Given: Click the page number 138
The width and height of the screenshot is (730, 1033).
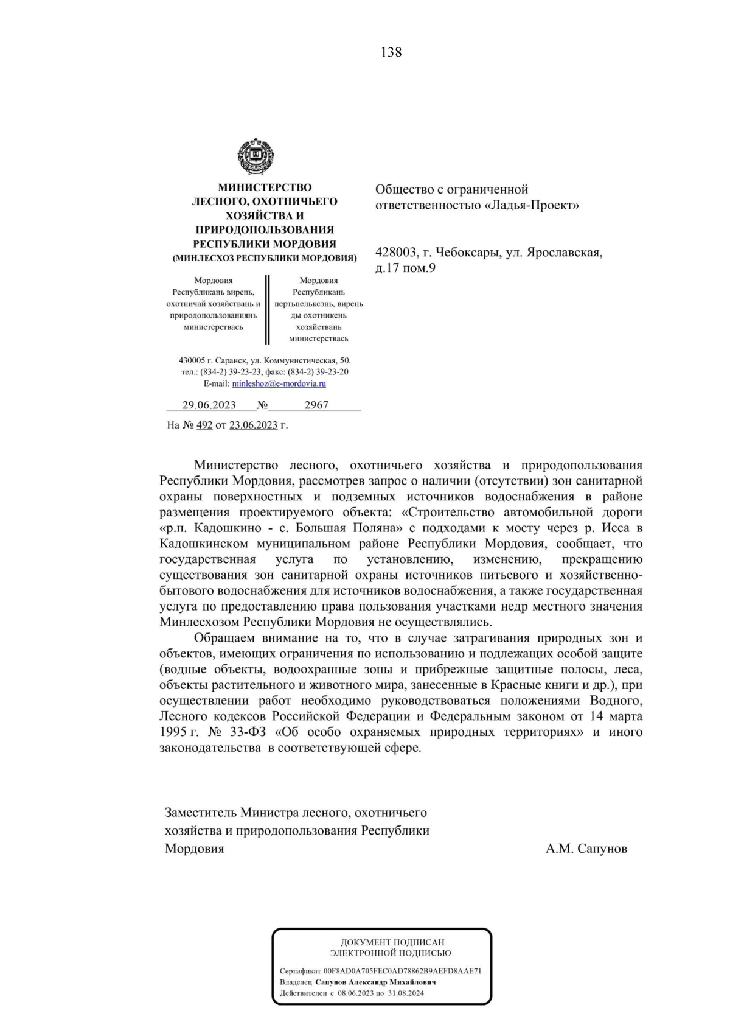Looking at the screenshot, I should pos(391,52).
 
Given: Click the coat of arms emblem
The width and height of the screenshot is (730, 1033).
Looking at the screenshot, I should pos(255,156).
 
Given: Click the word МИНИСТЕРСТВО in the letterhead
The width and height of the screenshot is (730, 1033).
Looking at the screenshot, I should pos(265,187).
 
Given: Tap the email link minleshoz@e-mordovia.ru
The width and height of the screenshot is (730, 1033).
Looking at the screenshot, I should pos(279,383).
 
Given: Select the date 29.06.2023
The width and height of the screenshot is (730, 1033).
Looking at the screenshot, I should pos(209,405).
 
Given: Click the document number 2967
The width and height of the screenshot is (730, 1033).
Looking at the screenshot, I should pos(316,405).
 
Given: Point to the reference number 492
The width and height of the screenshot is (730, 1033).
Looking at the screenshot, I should pos(204,425).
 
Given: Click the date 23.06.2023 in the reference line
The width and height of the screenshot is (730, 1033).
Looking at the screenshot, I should pos(253,425).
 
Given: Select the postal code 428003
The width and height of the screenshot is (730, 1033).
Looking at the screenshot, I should pos(395,252).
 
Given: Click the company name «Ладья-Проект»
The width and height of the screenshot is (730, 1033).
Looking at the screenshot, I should pos(532,205).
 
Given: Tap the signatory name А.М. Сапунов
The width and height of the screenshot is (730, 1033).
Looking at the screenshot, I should pos(586,848).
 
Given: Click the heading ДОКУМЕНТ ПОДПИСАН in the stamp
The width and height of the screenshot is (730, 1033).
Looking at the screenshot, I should pos(392,942).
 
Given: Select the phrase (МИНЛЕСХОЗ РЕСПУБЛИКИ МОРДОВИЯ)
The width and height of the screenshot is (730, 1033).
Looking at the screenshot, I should pos(265,258).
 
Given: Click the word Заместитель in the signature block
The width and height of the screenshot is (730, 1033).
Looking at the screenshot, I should pos(200,813).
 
